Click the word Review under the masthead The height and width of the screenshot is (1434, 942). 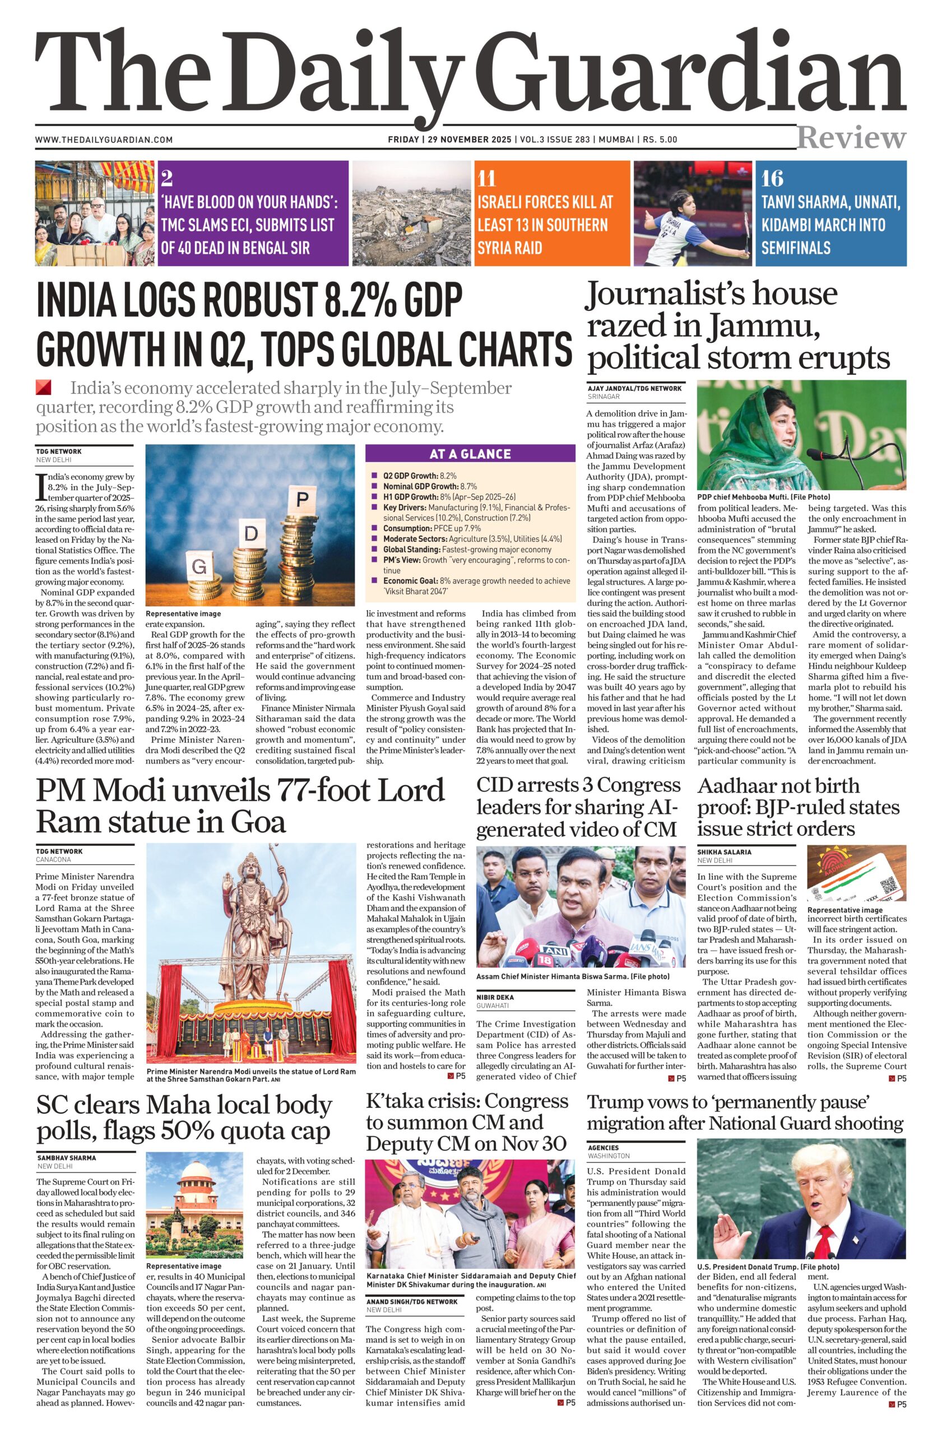(x=851, y=137)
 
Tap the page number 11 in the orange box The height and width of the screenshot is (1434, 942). (x=486, y=178)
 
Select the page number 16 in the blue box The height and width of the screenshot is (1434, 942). (x=772, y=178)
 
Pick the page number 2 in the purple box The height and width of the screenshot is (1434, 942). (x=167, y=178)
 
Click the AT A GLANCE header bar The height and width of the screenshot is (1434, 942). (x=470, y=454)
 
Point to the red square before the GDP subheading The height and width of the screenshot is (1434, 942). (x=43, y=387)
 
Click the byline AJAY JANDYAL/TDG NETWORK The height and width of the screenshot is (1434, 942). (x=634, y=388)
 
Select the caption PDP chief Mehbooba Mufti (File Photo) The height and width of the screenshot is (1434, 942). (x=763, y=497)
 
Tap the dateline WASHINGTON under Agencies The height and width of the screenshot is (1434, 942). (x=609, y=1156)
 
